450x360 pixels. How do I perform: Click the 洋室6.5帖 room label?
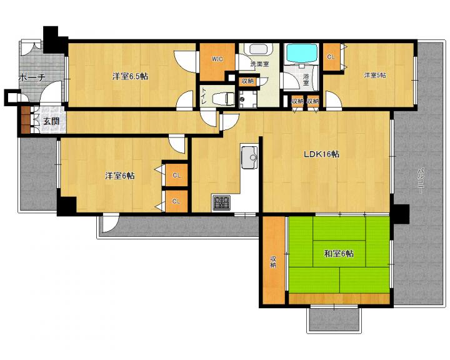pyautogui.click(x=130, y=76)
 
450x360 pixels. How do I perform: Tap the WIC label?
pyautogui.click(x=217, y=59)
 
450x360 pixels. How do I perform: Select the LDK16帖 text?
pyautogui.click(x=321, y=154)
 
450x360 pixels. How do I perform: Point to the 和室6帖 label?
pyautogui.click(x=339, y=254)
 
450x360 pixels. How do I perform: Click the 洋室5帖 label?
pyautogui.click(x=375, y=75)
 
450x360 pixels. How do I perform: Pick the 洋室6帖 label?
pyautogui.click(x=119, y=176)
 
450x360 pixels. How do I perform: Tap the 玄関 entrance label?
pyautogui.click(x=51, y=121)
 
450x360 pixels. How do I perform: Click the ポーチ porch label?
pyautogui.click(x=32, y=77)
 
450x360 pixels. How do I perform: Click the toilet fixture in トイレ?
pyautogui.click(x=223, y=99)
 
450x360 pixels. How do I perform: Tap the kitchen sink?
pyautogui.click(x=249, y=157)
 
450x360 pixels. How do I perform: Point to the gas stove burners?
pyautogui.click(x=221, y=202)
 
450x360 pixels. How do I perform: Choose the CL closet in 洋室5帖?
pyautogui.click(x=331, y=57)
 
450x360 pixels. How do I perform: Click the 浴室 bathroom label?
pyautogui.click(x=306, y=79)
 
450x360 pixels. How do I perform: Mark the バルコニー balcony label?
pyautogui.click(x=420, y=181)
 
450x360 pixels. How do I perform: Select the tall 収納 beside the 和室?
pyautogui.click(x=274, y=260)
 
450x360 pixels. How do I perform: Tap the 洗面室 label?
pyautogui.click(x=259, y=64)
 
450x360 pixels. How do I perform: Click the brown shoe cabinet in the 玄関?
pyautogui.click(x=26, y=120)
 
